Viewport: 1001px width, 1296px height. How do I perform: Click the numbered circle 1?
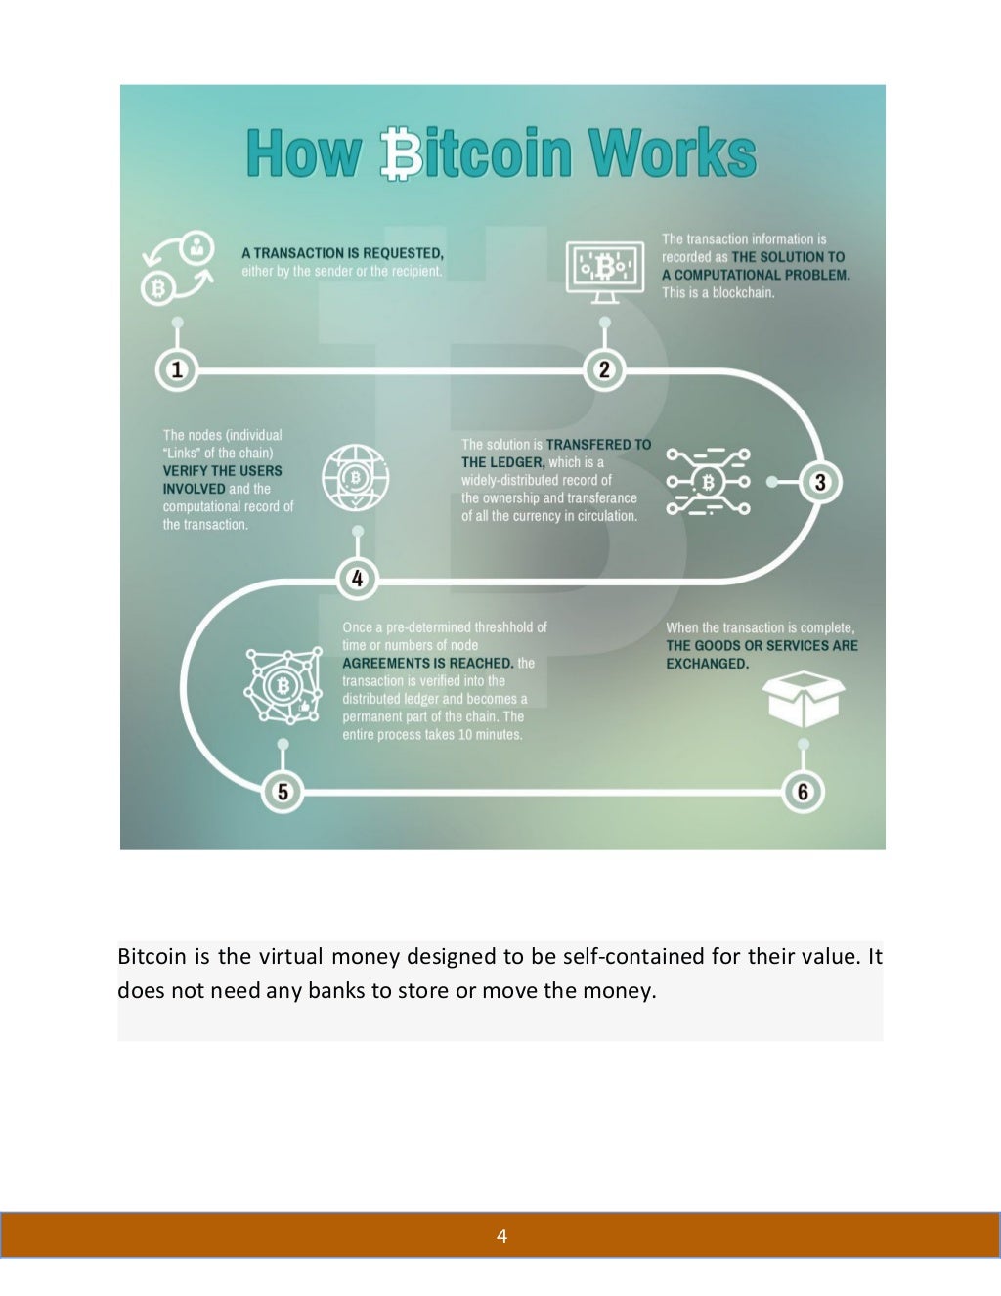point(177,370)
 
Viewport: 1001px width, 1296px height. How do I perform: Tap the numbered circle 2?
point(604,369)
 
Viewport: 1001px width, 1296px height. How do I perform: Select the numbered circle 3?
point(820,482)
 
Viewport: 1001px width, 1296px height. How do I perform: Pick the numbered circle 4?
point(357,579)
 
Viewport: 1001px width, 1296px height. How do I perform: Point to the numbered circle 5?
point(283,791)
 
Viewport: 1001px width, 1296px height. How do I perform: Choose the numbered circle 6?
point(804,791)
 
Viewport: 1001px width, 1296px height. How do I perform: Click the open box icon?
point(803,698)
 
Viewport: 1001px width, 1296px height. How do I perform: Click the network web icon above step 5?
point(283,685)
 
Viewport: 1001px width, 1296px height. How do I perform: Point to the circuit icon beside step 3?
point(708,482)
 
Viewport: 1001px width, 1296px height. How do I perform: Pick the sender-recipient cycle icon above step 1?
point(178,269)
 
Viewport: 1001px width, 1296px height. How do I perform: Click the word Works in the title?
point(673,153)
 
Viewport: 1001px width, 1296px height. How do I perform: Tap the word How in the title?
point(303,153)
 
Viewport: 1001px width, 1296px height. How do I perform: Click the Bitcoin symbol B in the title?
point(401,153)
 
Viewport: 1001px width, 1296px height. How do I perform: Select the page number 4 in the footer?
point(501,1236)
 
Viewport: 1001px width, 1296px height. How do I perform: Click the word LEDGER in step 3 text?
point(516,462)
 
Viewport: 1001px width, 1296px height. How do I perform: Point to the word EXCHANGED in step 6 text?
point(707,664)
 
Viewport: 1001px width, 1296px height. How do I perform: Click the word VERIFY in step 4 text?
point(185,471)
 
